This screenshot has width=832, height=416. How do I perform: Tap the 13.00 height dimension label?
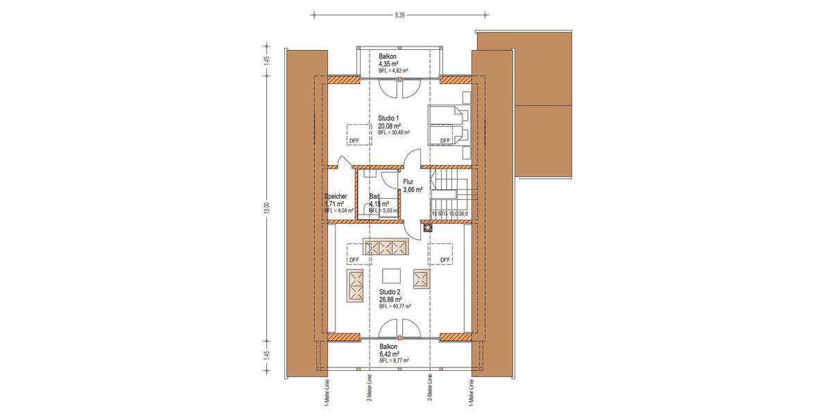coord(266,208)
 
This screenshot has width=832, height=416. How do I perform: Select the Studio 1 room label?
coord(390,119)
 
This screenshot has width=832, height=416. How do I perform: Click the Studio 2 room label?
coord(390,292)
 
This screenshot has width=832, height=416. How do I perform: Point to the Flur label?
coord(408,182)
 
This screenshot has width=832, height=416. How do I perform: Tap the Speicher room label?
coord(335,196)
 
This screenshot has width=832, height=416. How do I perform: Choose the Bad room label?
coord(374,196)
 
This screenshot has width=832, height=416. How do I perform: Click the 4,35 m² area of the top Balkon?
coord(388,64)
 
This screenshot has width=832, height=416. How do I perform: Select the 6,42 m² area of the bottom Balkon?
coord(390,354)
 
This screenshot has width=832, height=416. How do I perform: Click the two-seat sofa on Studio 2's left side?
coord(356,284)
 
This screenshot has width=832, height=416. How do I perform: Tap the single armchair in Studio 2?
coord(421,278)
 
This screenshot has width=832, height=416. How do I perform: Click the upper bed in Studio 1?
coord(447,113)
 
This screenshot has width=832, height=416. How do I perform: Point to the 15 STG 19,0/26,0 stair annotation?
coord(451,214)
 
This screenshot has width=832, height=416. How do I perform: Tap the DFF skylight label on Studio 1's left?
coord(354,140)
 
